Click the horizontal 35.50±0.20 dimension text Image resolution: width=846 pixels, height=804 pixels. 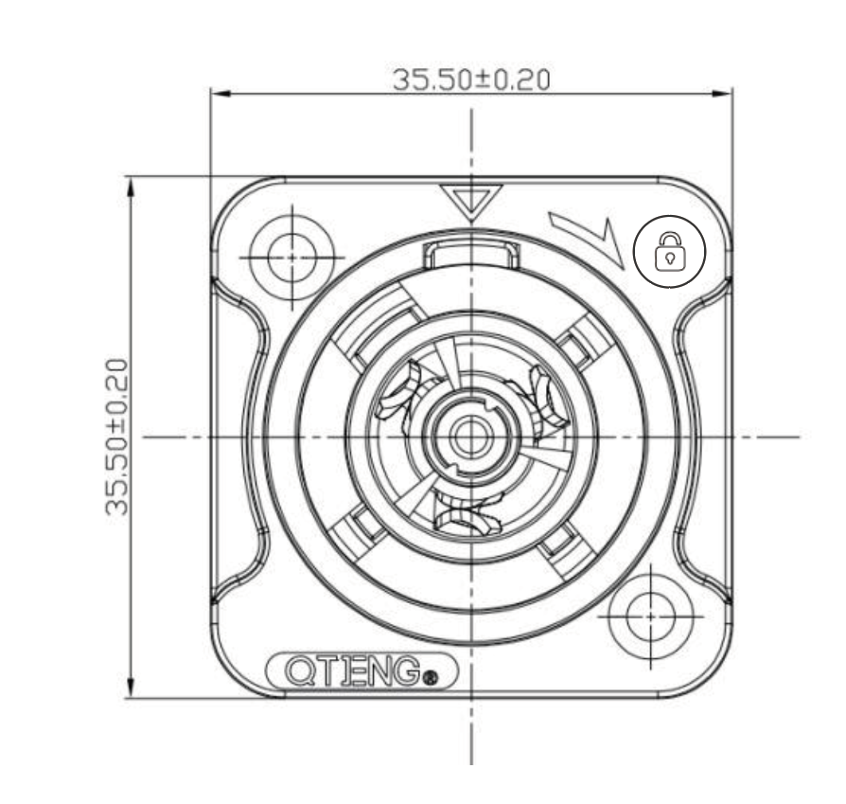pos(471,80)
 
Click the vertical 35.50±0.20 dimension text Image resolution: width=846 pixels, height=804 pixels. pos(117,437)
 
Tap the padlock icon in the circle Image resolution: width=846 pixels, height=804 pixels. pos(670,252)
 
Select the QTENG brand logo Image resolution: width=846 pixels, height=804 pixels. pos(361,671)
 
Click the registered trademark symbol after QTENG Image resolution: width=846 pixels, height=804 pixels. pos(432,677)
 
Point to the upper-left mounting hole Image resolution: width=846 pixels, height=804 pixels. pos(291,258)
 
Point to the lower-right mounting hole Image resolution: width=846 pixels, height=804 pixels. pos(651,616)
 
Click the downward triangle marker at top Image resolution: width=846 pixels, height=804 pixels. pos(471,204)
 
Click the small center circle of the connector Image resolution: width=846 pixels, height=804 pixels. pos(471,437)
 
